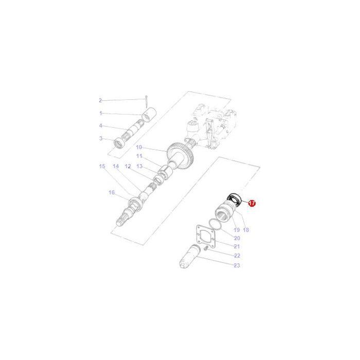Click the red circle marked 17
point(252,203)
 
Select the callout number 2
point(101,100)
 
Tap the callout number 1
point(101,113)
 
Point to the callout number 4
point(101,126)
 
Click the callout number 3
point(101,138)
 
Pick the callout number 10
point(139,148)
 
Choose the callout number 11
point(139,156)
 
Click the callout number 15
point(102,166)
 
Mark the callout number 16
point(111,192)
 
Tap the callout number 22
point(237,256)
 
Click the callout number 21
point(237,247)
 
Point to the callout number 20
point(237,238)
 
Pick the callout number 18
point(246,230)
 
